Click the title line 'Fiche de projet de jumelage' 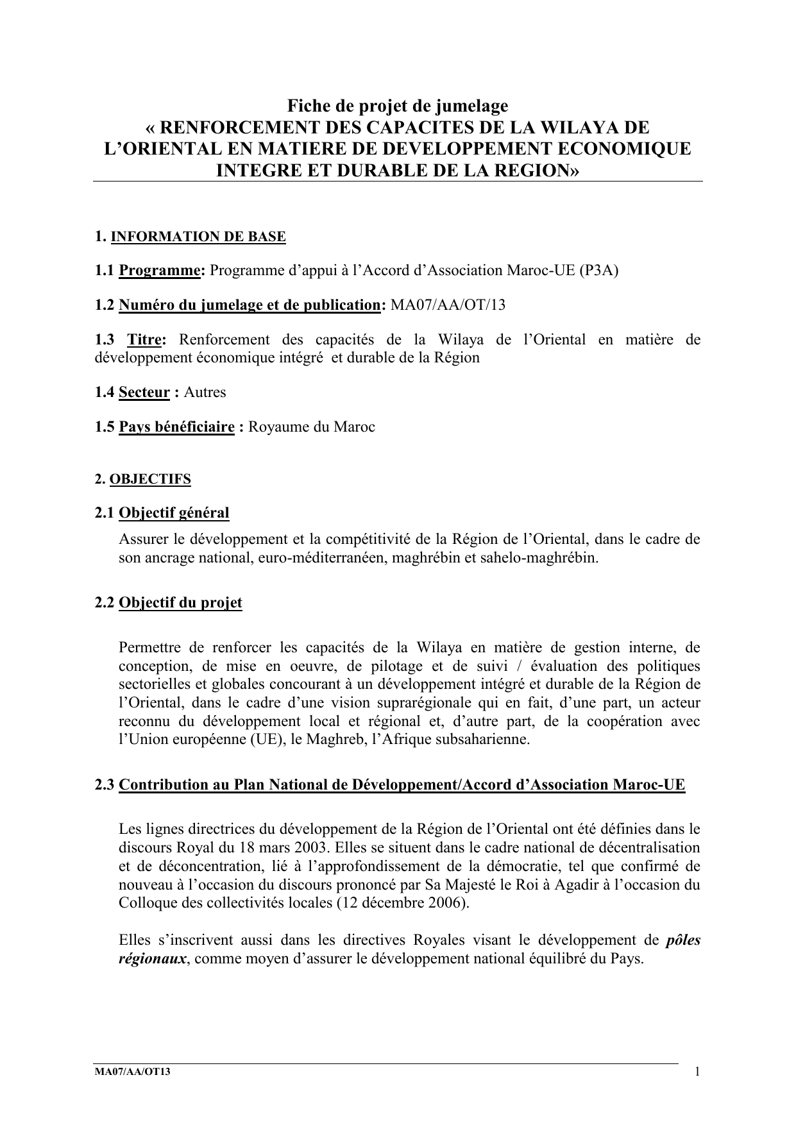click(397, 105)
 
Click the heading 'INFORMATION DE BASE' click(198, 237)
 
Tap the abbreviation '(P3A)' click(598, 270)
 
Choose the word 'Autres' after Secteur click(205, 392)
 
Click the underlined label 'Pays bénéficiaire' click(176, 427)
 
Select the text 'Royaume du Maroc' click(311, 427)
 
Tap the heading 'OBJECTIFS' click(151, 479)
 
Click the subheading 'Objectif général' click(174, 512)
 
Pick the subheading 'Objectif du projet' click(180, 602)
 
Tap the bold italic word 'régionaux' click(153, 959)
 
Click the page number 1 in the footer click(697, 1072)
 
